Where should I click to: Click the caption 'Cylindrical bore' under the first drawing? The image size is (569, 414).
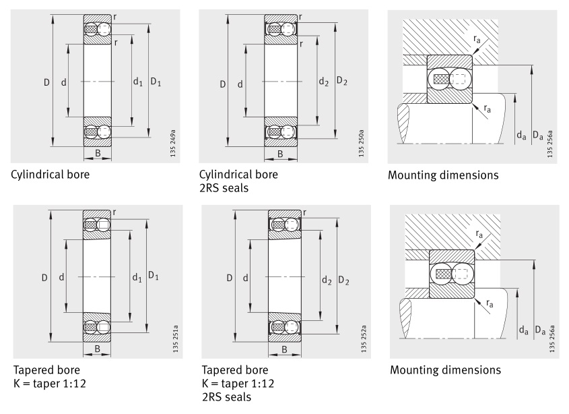(x=50, y=175)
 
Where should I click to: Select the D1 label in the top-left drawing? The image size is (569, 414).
(x=156, y=82)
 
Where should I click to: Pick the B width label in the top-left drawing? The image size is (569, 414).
(x=98, y=154)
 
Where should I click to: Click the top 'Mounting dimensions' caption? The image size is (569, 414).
(x=443, y=175)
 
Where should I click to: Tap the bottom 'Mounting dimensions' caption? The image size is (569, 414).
(x=445, y=370)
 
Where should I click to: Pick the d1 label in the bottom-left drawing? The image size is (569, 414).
(x=138, y=276)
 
